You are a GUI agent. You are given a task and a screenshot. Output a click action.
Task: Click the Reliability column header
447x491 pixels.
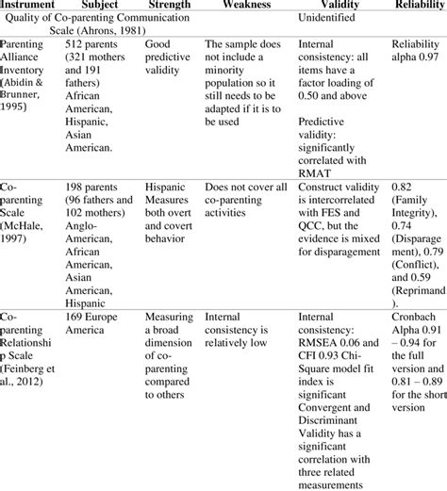(x=416, y=6)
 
